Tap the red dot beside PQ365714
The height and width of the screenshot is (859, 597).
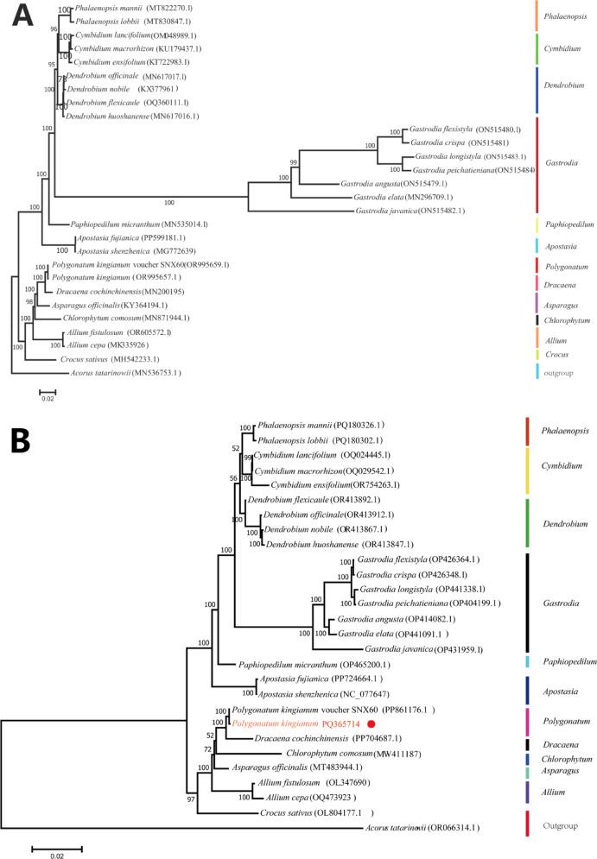click(372, 724)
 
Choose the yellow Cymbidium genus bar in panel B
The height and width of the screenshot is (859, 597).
click(527, 467)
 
